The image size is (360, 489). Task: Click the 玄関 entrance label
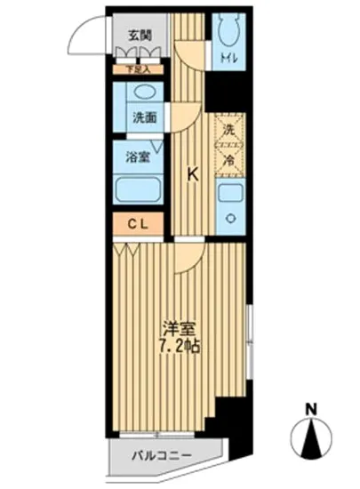[x=139, y=36]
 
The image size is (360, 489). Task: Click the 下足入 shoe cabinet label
[x=138, y=67]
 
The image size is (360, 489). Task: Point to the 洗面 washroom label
[x=144, y=117]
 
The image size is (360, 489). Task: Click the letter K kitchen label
[x=192, y=174]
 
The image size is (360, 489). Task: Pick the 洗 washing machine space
[x=228, y=130]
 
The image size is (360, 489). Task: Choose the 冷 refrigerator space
[x=228, y=161]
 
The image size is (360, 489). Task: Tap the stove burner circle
[x=229, y=219]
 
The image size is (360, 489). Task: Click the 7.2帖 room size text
[x=179, y=344]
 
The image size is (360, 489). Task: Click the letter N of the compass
[x=311, y=410]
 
